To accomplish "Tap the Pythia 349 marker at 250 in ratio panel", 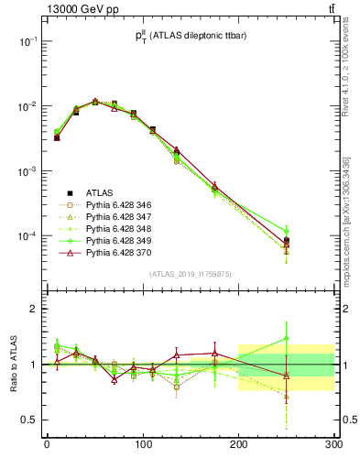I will [287, 339].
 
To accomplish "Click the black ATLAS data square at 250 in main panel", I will [287, 241].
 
